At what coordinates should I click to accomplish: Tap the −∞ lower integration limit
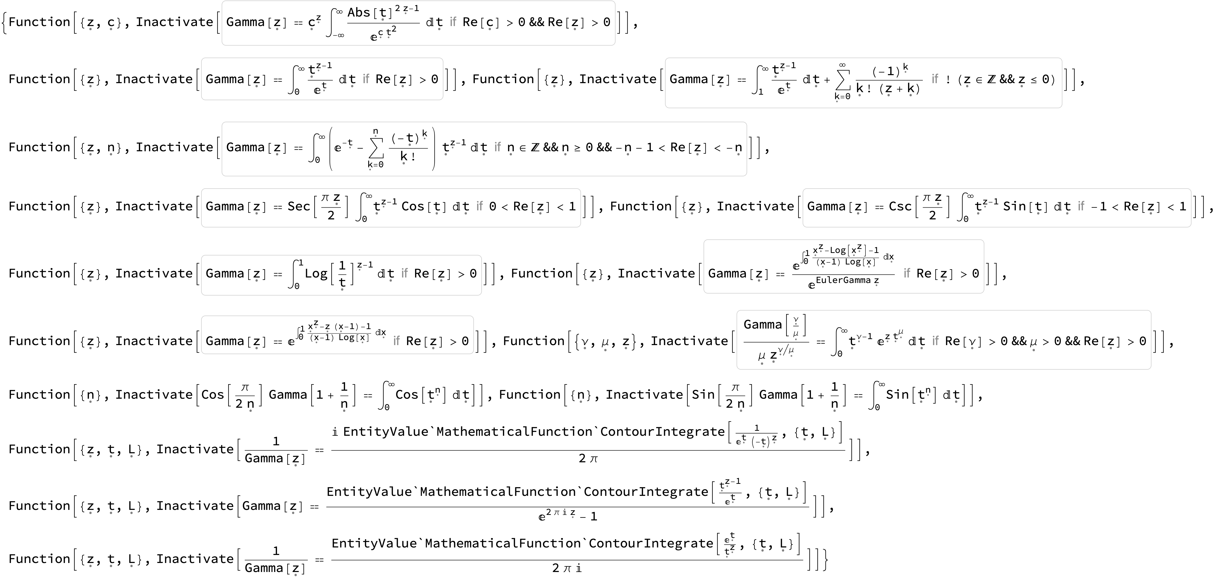pos(339,35)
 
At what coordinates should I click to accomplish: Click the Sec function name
pos(299,207)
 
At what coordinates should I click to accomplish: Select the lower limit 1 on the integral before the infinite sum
pos(760,92)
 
